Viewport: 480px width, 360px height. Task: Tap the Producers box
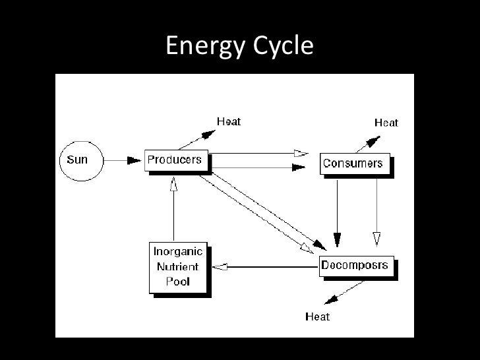tap(175, 160)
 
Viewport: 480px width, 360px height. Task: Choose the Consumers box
tap(354, 163)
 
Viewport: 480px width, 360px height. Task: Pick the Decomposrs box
tap(355, 266)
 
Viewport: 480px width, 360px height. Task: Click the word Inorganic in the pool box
tap(179, 252)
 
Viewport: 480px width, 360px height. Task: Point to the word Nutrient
tap(178, 266)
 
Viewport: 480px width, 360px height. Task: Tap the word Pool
tap(178, 281)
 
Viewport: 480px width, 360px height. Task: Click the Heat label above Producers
tap(229, 121)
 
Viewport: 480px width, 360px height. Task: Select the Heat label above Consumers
tap(386, 122)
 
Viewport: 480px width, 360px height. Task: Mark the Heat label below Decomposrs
tap(317, 316)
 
